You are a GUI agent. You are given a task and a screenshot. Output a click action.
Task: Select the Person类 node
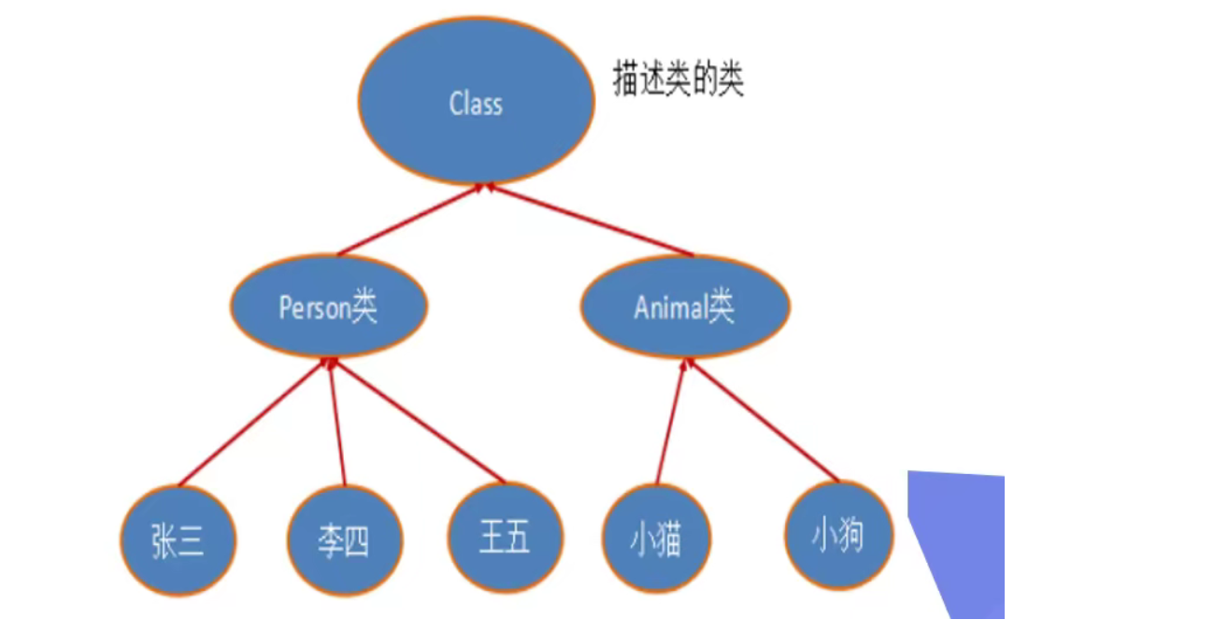click(x=328, y=307)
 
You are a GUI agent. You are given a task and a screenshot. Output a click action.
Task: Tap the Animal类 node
click(x=685, y=307)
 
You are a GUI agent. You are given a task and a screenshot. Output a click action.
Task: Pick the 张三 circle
click(x=178, y=540)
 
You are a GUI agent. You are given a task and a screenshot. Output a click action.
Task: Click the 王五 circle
click(x=506, y=538)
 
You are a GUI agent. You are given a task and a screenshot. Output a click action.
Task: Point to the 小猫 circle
click(x=656, y=540)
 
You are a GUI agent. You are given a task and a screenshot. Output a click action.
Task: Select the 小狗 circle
click(x=838, y=537)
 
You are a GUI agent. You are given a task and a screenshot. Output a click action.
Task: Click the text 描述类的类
click(x=678, y=80)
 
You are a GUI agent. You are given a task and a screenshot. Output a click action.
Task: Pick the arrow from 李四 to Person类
click(x=337, y=423)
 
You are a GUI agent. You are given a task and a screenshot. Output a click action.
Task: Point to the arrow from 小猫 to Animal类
click(x=672, y=423)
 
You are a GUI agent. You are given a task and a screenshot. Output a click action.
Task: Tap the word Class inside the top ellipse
click(x=476, y=103)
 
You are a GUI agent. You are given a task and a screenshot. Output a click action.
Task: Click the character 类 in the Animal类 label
click(x=721, y=307)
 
